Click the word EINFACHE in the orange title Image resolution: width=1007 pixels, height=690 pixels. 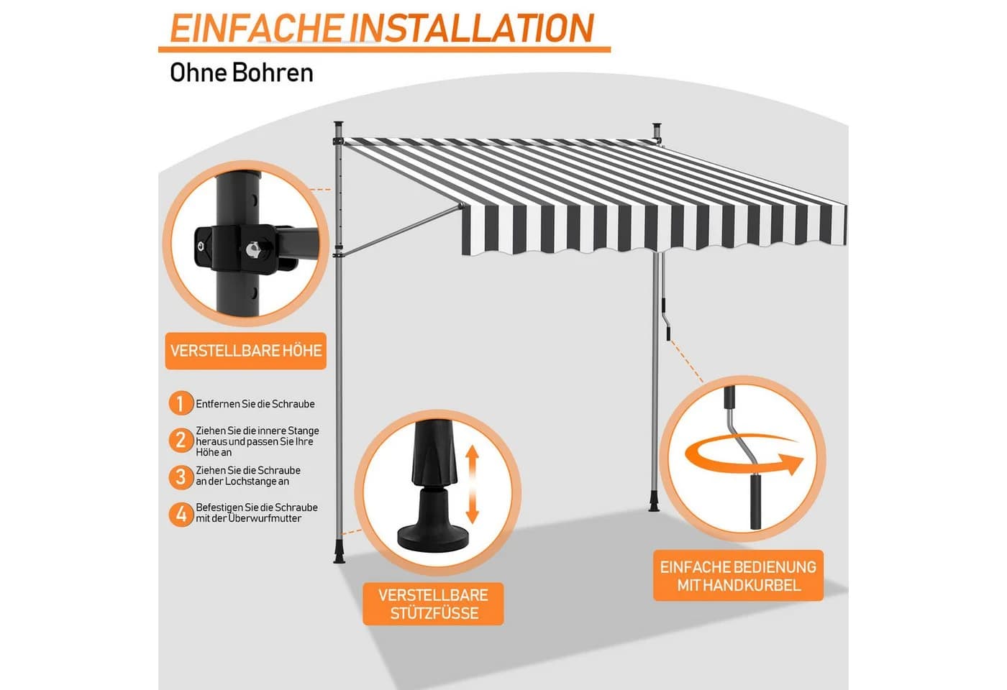point(256,28)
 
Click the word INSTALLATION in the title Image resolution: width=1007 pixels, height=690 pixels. point(470,28)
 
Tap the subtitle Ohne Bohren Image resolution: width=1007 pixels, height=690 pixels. point(242,73)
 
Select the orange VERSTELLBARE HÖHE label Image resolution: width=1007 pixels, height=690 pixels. point(246,351)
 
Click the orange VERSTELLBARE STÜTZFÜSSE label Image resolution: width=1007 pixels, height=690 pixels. point(433,604)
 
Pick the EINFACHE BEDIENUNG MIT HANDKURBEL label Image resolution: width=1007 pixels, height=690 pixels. point(738,576)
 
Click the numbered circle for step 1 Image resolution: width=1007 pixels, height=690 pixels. point(181,403)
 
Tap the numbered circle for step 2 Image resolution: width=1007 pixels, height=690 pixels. point(181,441)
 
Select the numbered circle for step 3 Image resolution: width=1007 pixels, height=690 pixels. point(181,477)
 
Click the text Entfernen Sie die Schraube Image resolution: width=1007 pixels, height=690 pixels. point(255,404)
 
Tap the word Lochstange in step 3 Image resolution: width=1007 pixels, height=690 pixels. point(251,482)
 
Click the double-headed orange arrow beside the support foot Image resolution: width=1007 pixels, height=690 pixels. point(472,484)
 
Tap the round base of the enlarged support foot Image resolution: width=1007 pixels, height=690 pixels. point(433,540)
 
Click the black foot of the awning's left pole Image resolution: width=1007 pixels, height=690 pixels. point(339,555)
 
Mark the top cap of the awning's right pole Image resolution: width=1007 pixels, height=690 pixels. point(657,125)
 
